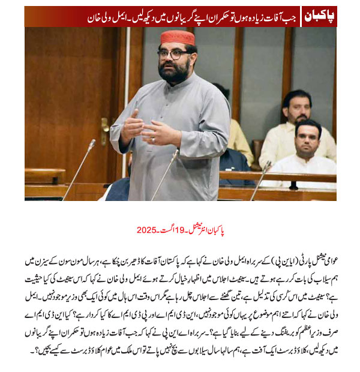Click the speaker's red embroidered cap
[x=178, y=38]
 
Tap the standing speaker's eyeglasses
[x=174, y=53]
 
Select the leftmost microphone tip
[x=92, y=143]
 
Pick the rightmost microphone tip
[x=268, y=164]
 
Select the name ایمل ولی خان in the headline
[x=44, y=16]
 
